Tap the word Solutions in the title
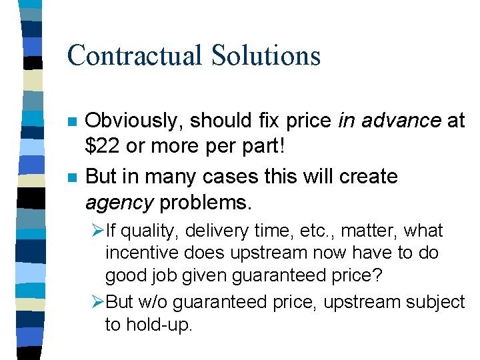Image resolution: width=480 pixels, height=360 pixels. [266, 55]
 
